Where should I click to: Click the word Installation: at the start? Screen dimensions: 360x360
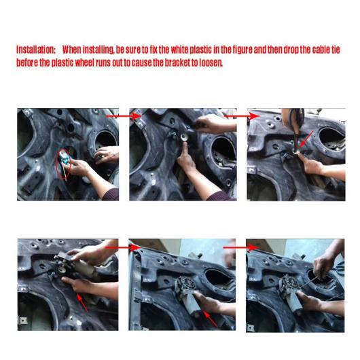tap(36, 50)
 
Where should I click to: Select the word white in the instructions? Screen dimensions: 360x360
tap(179, 50)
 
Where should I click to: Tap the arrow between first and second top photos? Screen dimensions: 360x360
tap(124, 116)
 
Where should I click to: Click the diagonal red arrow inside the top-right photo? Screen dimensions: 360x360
tap(306, 139)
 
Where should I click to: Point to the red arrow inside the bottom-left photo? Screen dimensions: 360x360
tap(82, 303)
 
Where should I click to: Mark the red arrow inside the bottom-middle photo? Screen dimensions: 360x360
tap(211, 319)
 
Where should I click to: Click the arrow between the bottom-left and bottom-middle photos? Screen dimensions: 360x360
tap(122, 247)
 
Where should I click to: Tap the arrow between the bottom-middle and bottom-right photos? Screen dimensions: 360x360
tap(241, 247)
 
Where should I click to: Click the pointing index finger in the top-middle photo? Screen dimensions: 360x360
tap(185, 151)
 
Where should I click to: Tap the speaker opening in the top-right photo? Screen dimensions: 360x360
tap(332, 139)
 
